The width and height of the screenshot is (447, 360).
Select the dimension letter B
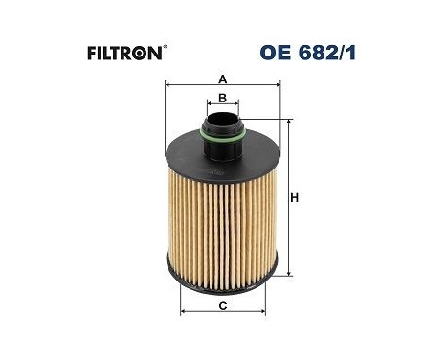click(x=222, y=98)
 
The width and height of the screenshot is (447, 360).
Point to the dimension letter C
click(x=222, y=306)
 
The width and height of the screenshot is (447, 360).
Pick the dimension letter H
click(x=295, y=198)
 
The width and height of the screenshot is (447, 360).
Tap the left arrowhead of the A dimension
click(x=169, y=85)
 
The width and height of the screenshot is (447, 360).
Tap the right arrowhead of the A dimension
click(x=277, y=85)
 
